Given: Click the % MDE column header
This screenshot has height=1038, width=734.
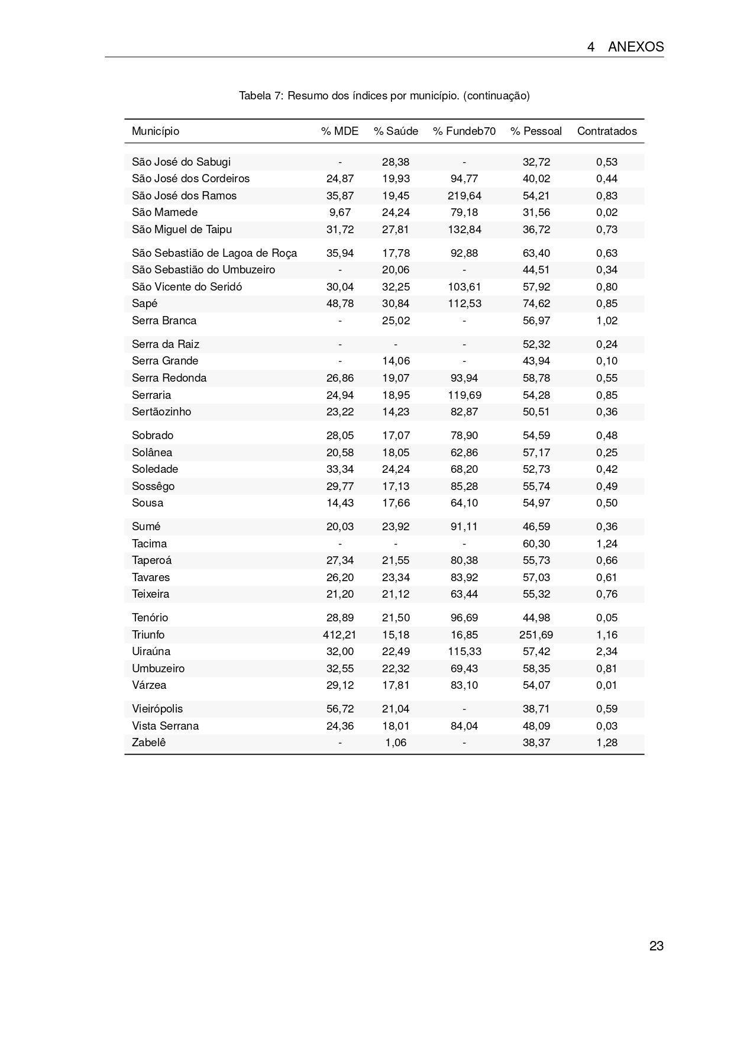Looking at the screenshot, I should (x=339, y=131).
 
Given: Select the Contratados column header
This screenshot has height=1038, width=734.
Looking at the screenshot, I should (x=607, y=131).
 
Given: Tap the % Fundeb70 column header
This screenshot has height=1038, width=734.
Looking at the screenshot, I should (x=464, y=131).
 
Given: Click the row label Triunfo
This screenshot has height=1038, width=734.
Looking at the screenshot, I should (x=148, y=634).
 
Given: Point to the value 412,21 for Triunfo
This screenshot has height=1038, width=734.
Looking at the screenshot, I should (x=339, y=634).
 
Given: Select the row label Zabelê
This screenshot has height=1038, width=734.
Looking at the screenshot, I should (x=149, y=742).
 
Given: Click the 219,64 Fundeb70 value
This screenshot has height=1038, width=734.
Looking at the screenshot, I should (x=464, y=195).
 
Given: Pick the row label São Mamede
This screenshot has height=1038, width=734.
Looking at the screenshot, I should (x=165, y=212).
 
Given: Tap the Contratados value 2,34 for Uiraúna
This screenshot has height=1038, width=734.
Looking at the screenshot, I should (x=607, y=651).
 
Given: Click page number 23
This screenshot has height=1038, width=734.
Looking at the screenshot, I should (x=656, y=946).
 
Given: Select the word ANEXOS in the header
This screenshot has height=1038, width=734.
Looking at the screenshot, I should (x=636, y=47).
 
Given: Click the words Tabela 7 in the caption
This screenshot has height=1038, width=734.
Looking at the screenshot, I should (x=262, y=95).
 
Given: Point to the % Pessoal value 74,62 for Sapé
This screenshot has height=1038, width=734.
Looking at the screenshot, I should (x=536, y=303).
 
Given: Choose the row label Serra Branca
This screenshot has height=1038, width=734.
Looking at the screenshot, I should (x=164, y=320).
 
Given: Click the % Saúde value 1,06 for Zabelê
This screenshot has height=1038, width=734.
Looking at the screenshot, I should (x=396, y=742).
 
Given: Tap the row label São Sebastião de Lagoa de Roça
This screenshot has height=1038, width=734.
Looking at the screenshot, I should (x=215, y=253).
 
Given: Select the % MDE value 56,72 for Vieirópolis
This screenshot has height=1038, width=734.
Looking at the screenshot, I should (x=339, y=708).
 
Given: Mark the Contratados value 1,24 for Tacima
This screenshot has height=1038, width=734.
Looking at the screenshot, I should (x=607, y=543).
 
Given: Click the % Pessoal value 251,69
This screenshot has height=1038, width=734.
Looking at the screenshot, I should (x=536, y=634).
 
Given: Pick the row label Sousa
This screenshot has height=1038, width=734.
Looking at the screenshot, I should (x=148, y=502).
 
